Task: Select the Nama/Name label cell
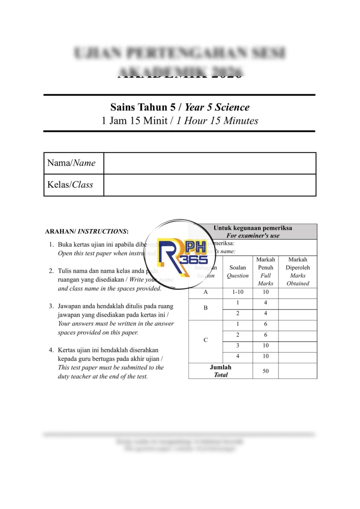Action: pos(73,163)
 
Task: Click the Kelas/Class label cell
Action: pos(73,185)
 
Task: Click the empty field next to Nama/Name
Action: pos(209,163)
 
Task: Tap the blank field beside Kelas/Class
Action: pos(209,185)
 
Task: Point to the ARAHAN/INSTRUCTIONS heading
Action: pos(87,231)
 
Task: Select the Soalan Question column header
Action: pos(238,271)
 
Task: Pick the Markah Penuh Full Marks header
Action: pos(265,271)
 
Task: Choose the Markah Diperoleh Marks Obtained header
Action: pos(297,271)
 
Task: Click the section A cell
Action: pos(206,292)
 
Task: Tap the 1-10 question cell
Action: pos(238,292)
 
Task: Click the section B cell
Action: pos(206,308)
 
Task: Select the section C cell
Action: pos(206,340)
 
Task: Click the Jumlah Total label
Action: pos(220,371)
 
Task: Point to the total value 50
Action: pos(265,371)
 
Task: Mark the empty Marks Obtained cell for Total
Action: pos(297,371)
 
